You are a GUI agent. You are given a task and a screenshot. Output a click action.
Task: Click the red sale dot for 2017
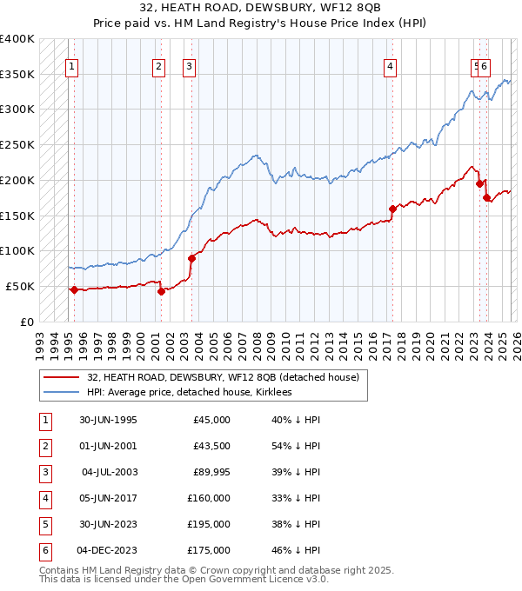392,209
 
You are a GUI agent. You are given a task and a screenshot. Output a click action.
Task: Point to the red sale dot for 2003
191,257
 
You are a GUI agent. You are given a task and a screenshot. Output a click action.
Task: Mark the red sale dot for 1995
75,289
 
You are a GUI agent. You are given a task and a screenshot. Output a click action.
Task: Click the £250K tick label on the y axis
17,145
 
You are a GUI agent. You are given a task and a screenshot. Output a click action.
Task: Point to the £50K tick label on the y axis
20,286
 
